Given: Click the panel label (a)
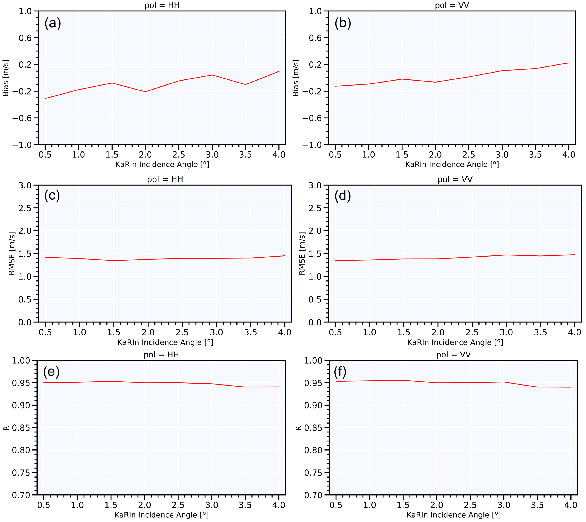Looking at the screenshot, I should point(53,23).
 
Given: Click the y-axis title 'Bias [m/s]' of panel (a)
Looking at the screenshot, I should point(6,78).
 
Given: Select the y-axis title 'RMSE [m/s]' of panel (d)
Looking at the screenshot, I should point(302,253).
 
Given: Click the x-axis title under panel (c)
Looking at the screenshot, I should point(165,342).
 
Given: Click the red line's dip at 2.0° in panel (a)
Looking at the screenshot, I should point(145,92).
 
